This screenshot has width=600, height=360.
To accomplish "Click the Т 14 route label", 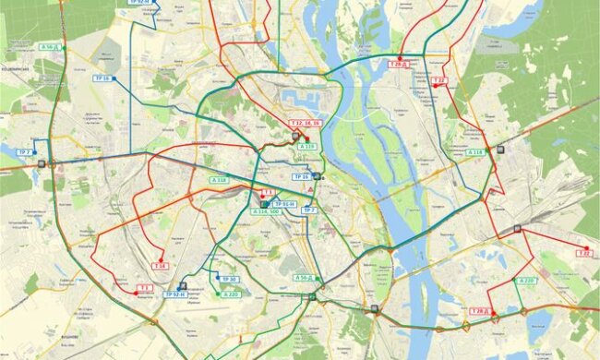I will click(161, 266).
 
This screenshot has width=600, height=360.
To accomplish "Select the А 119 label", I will click(308, 146).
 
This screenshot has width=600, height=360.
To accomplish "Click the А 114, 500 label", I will click(266, 211).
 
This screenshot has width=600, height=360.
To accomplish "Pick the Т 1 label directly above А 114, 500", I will click(267, 192).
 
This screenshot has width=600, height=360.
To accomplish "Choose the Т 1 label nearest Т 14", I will click(144, 288).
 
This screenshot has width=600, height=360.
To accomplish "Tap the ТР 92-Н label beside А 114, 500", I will click(284, 203).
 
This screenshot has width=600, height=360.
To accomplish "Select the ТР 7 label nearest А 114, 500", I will click(308, 210).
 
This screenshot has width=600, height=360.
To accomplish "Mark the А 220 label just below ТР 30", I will click(231, 294).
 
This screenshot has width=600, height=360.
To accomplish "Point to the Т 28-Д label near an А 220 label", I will click(481, 312).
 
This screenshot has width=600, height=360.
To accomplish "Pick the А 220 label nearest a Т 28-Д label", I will click(526, 280).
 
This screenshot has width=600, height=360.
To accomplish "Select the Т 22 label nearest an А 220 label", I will click(583, 252).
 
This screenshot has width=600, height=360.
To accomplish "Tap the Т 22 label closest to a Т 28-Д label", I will click(438, 80).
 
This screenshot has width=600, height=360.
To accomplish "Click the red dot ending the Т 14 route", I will click(161, 258).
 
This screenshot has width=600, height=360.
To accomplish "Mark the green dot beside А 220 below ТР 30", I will click(220, 294).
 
